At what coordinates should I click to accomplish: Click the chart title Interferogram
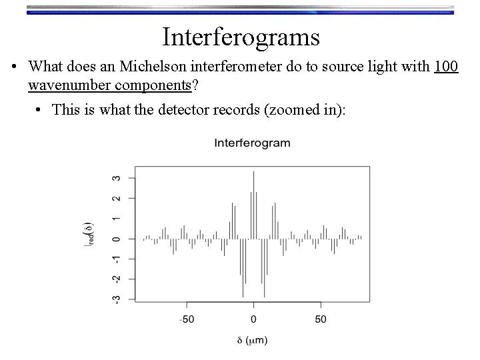(252, 143)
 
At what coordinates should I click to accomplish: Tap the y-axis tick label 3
(117, 178)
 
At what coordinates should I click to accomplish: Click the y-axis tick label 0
(117, 239)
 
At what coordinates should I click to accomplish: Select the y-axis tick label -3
(117, 298)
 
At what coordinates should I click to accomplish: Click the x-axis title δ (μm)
(253, 340)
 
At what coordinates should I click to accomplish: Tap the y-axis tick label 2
(117, 198)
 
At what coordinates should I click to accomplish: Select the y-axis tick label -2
(117, 278)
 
